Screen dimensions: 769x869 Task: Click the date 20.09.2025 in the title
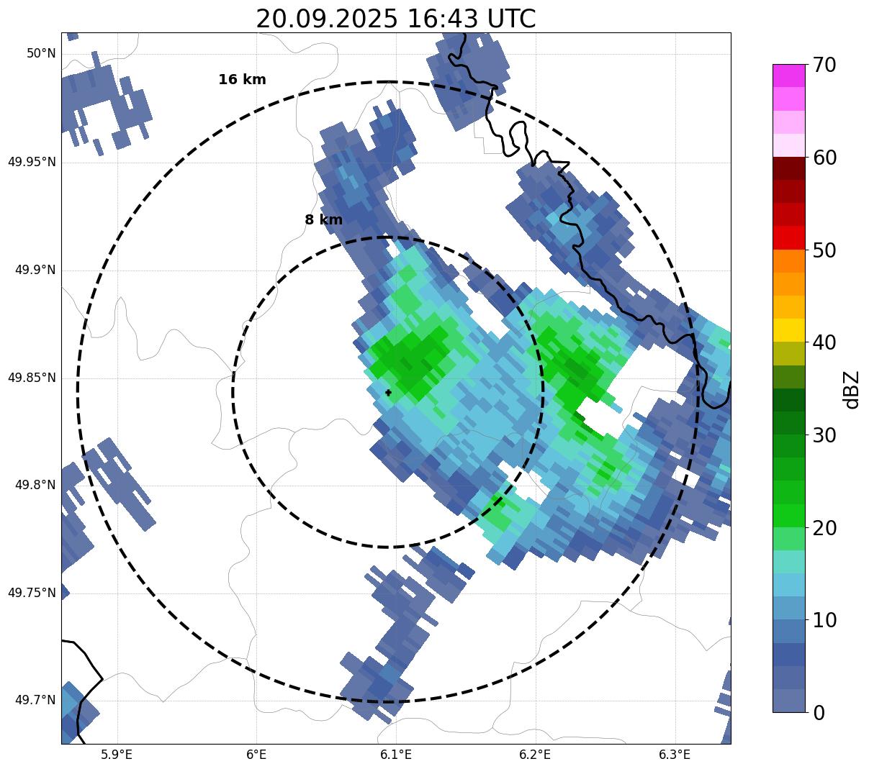(326, 19)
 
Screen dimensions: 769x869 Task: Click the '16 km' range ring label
(242, 80)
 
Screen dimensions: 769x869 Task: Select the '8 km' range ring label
(323, 220)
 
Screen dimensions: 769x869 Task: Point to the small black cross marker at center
(389, 393)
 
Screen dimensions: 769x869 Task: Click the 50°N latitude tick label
(41, 53)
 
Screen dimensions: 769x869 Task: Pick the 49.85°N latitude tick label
(32, 378)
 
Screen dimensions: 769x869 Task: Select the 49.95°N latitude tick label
(32, 162)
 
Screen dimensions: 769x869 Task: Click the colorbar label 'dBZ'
(852, 389)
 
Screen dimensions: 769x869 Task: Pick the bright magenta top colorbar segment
(788, 76)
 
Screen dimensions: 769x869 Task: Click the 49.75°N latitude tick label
(32, 593)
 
